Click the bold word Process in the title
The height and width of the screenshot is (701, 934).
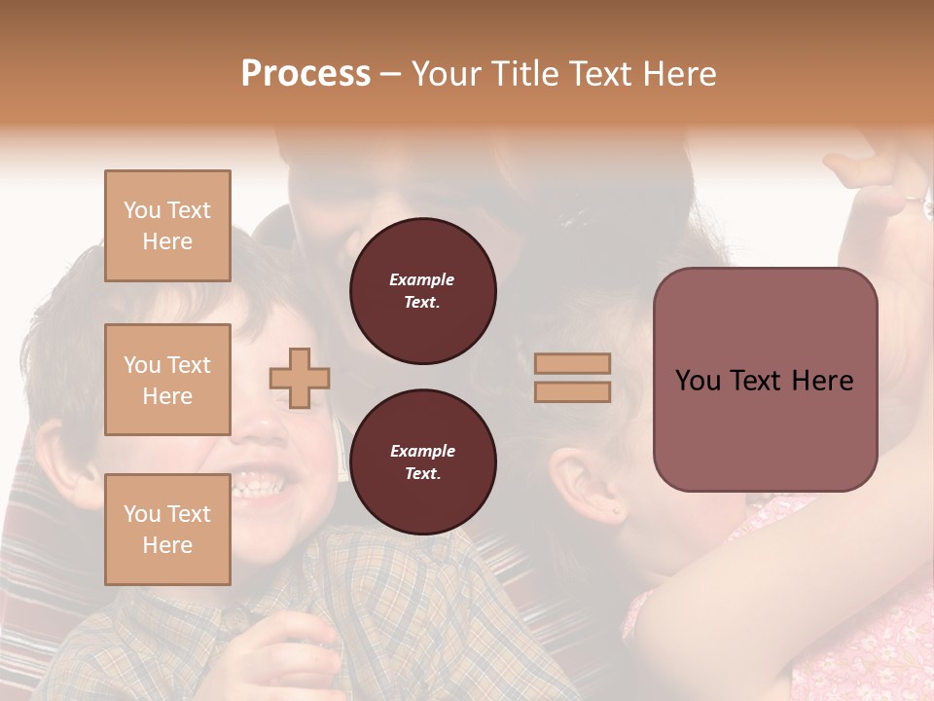click(305, 73)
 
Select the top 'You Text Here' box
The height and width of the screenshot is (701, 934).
click(167, 226)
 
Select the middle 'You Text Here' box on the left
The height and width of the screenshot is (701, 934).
click(167, 380)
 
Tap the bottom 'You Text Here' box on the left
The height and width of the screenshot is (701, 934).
click(167, 530)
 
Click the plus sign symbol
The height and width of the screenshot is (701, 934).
click(300, 379)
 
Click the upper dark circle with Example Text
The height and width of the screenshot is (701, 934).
click(422, 290)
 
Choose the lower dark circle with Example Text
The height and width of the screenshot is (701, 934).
click(422, 461)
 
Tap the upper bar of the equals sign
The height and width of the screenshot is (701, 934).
click(572, 363)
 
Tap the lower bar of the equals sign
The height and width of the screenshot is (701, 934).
click(572, 392)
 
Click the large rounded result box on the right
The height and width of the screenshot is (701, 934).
click(765, 380)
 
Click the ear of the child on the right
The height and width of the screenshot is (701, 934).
click(584, 482)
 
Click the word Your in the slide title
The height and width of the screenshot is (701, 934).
click(446, 73)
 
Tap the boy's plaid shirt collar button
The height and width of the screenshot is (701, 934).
click(233, 615)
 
